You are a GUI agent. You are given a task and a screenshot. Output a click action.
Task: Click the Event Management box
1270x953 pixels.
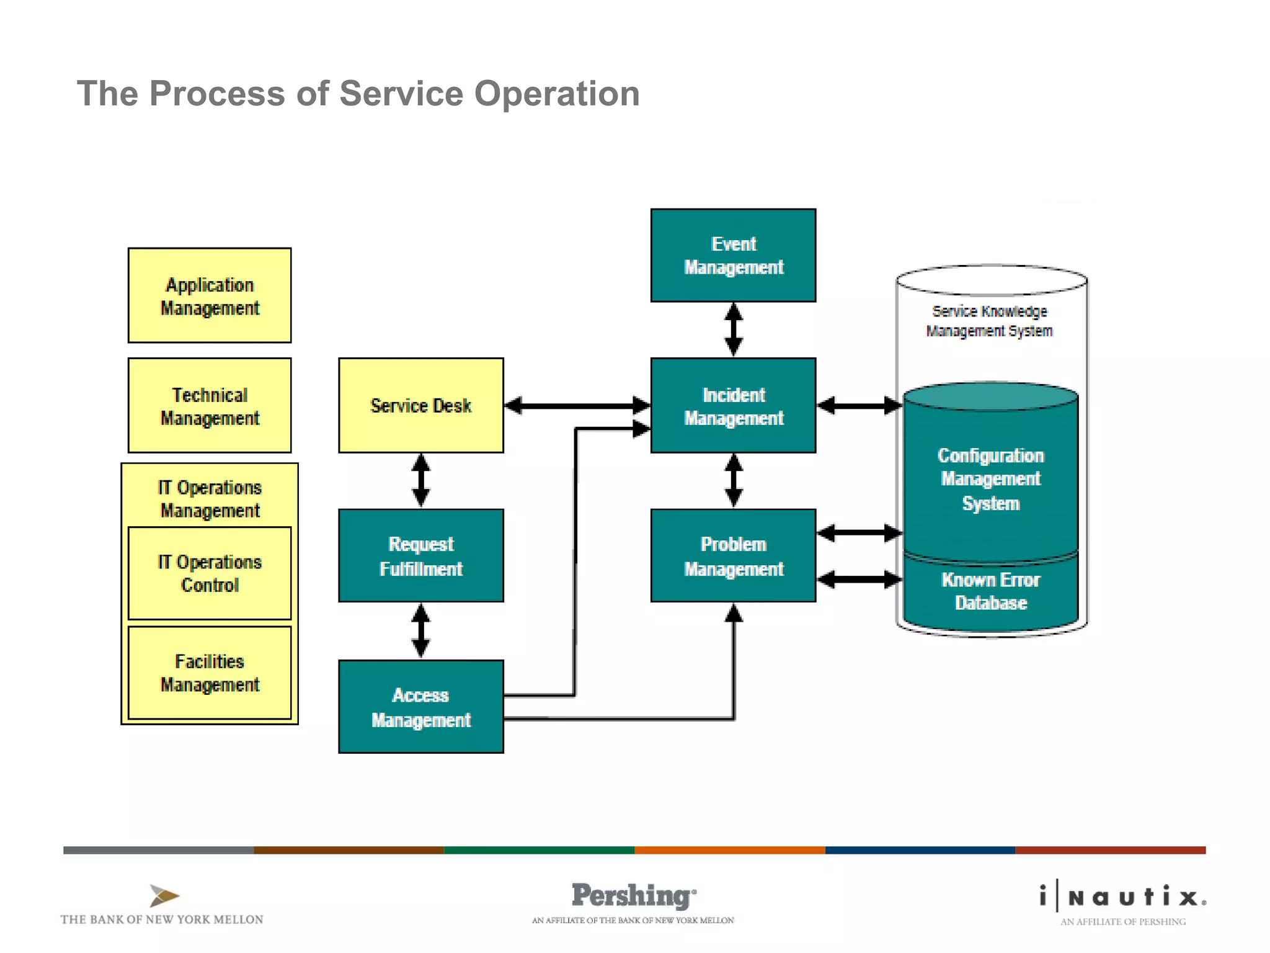pyautogui.click(x=733, y=255)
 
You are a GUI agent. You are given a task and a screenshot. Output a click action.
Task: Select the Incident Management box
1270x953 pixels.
pyautogui.click(x=733, y=406)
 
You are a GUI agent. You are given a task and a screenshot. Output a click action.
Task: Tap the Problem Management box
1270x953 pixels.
pyautogui.click(x=733, y=556)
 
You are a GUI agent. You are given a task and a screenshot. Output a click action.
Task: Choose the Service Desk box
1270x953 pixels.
pyautogui.click(x=421, y=406)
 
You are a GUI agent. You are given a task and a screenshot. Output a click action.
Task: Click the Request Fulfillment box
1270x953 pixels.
pyautogui.click(x=421, y=556)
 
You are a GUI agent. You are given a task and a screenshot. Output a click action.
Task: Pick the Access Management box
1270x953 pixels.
pyautogui.click(x=421, y=707)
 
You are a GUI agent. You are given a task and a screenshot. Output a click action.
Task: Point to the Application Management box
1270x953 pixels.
pyautogui.click(x=210, y=296)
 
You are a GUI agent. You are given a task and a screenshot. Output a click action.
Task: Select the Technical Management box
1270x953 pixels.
pyautogui.click(x=210, y=406)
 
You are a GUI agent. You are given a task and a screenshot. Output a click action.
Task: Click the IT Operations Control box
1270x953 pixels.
pyautogui.click(x=210, y=573)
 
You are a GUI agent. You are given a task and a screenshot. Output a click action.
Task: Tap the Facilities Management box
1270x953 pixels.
pyautogui.click(x=210, y=673)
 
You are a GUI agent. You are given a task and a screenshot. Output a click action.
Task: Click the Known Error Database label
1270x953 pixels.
pyautogui.click(x=990, y=591)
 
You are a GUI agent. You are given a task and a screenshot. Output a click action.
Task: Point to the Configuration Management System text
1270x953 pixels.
pyautogui.click(x=990, y=479)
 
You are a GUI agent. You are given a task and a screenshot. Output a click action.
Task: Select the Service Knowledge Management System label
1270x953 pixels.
pyautogui.click(x=990, y=321)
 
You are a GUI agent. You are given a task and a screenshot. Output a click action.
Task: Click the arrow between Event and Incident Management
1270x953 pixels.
pyautogui.click(x=734, y=329)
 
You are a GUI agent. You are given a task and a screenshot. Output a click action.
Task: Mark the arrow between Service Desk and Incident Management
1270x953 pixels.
pyautogui.click(x=577, y=406)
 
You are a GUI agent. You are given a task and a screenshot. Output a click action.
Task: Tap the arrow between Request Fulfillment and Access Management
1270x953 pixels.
pyautogui.click(x=421, y=631)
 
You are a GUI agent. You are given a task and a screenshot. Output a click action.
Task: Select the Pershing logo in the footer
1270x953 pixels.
pyautogui.click(x=633, y=897)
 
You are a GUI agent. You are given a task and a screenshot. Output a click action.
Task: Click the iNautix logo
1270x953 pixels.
pyautogui.click(x=1123, y=897)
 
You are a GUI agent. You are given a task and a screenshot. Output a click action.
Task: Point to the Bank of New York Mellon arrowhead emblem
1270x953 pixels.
pyautogui.click(x=164, y=895)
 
